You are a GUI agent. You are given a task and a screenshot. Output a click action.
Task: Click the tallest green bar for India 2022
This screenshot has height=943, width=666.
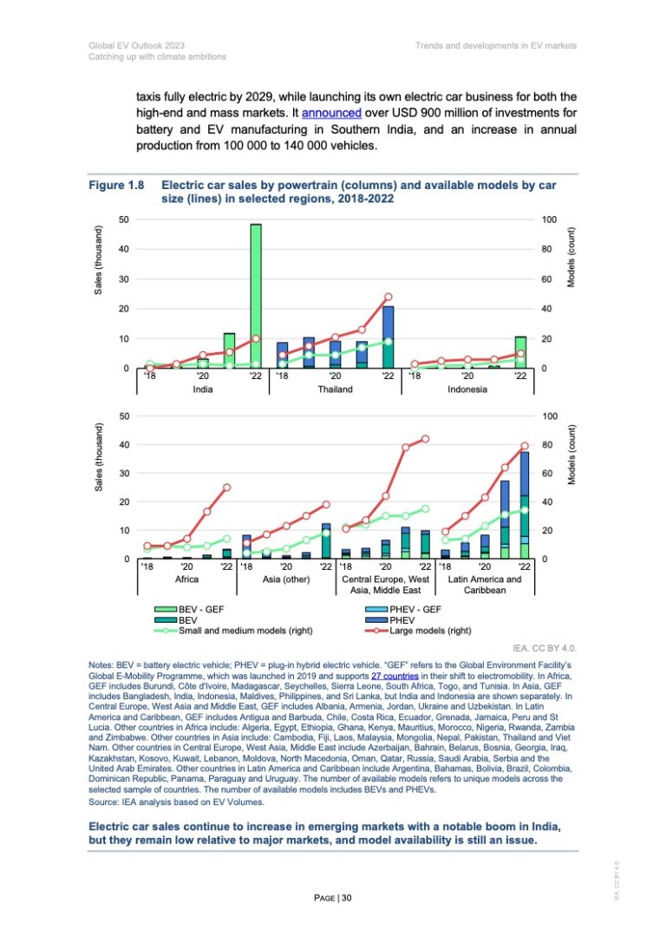(x=256, y=296)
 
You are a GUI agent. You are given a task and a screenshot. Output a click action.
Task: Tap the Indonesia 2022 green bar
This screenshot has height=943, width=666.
(x=520, y=352)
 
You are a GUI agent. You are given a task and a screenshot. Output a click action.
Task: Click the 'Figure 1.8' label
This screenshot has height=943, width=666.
(x=116, y=185)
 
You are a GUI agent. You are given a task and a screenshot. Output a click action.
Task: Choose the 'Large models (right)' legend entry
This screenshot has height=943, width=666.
(x=441, y=631)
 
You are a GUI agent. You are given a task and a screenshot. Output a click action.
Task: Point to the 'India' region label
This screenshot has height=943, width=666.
(x=202, y=390)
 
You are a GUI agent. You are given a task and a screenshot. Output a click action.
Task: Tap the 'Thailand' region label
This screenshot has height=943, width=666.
(x=335, y=390)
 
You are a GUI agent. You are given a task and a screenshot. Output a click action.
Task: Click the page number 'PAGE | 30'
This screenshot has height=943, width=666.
(x=333, y=895)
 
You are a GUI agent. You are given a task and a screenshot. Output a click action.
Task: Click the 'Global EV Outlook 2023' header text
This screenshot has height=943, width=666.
(x=134, y=44)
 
